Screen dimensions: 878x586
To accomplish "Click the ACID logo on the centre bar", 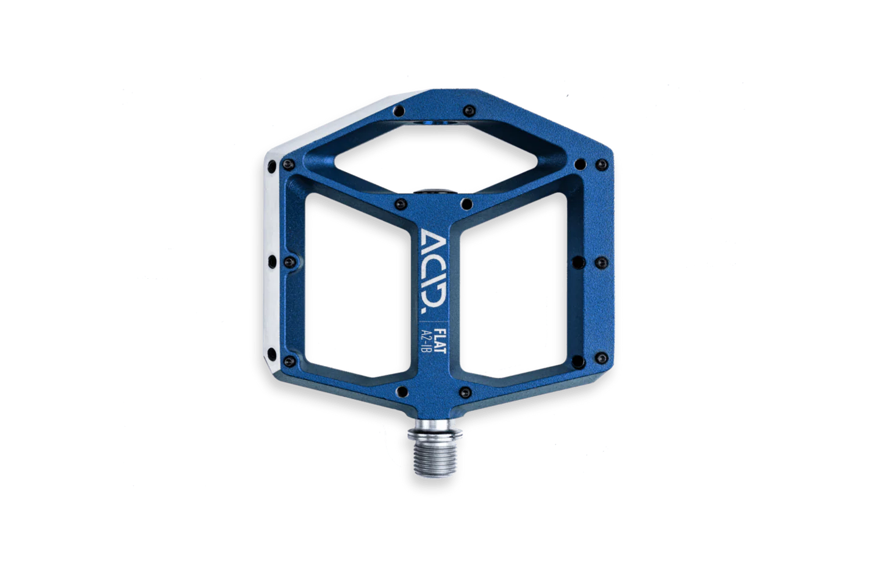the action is point(434,275).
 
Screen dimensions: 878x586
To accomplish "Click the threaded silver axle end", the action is point(435,457).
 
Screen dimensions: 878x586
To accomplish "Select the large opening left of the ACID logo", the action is point(358,285).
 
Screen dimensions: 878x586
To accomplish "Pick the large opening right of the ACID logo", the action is point(513,285).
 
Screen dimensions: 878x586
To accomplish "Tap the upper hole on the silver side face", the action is point(272,167).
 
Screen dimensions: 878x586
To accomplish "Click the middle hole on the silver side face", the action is point(272,261).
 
